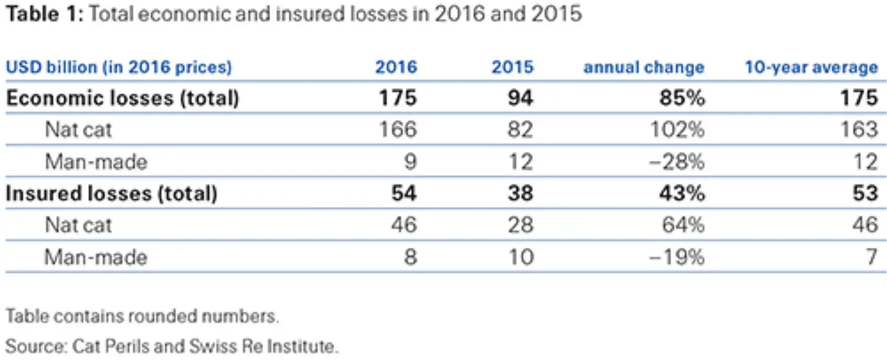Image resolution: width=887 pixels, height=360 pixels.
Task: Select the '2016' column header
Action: (x=396, y=67)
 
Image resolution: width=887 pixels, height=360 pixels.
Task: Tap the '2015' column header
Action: (x=512, y=67)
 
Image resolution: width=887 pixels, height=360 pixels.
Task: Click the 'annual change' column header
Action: (x=643, y=67)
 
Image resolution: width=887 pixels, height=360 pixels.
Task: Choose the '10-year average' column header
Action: (x=811, y=67)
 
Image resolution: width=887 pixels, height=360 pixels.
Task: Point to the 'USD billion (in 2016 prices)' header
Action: (x=118, y=67)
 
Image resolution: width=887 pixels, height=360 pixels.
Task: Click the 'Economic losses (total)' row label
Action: (x=122, y=98)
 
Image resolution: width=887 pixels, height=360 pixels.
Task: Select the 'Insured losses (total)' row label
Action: (x=111, y=193)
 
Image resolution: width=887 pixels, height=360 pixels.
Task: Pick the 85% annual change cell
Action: (x=682, y=98)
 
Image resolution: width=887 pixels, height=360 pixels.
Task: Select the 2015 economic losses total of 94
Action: (x=520, y=98)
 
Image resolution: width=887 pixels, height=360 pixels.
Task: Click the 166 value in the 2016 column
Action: (x=397, y=129)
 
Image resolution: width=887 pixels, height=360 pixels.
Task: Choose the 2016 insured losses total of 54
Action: (x=404, y=193)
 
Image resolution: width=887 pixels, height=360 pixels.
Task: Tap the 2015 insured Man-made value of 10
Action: (x=521, y=257)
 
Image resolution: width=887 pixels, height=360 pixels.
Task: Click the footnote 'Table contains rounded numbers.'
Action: (x=142, y=316)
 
